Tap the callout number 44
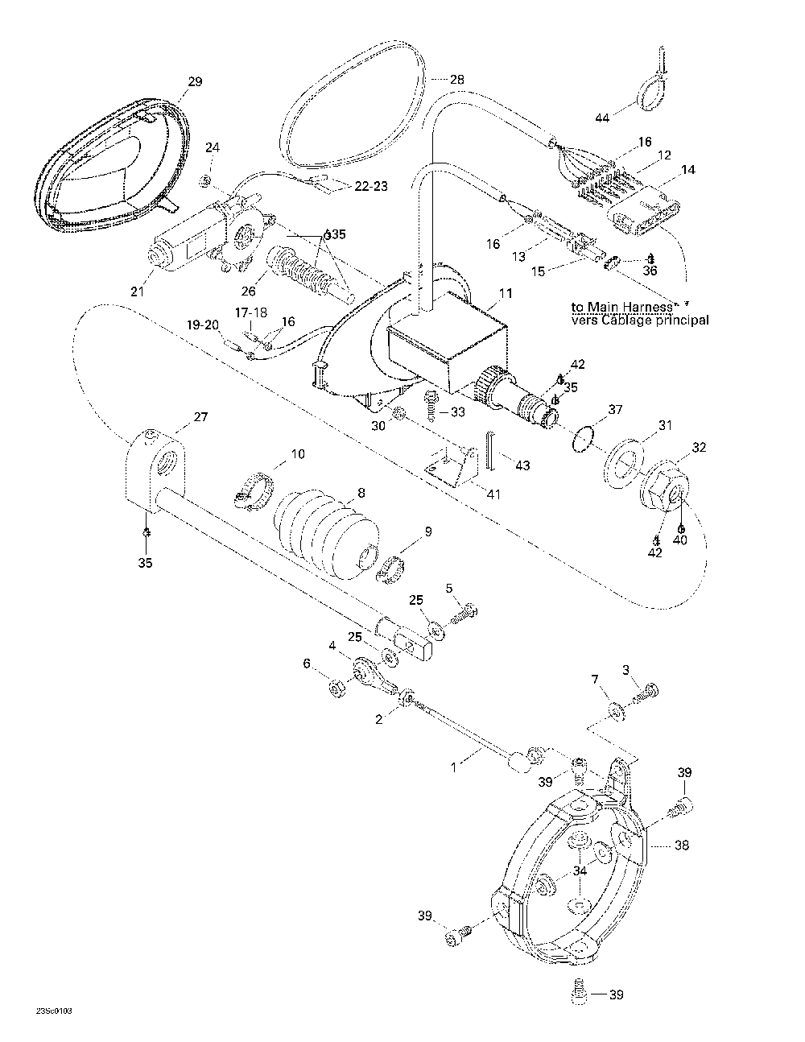(603, 118)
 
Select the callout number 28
(456, 80)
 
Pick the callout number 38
(683, 846)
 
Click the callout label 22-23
(370, 186)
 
